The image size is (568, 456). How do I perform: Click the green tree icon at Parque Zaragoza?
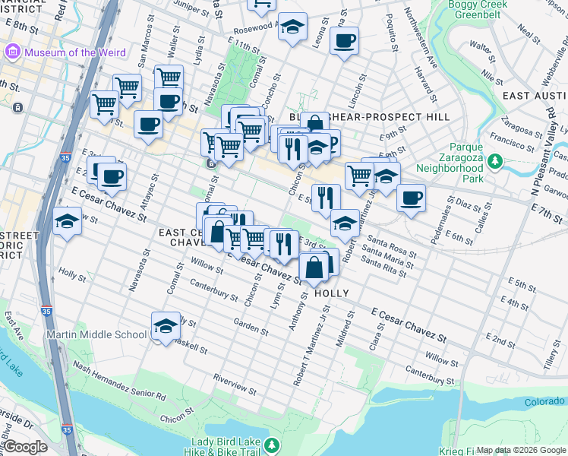click(495, 160)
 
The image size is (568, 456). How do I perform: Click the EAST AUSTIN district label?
click(535, 96)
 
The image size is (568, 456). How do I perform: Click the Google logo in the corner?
click(24, 447)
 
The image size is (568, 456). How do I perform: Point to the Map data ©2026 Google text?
click(521, 450)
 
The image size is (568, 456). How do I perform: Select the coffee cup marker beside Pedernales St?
click(411, 198)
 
